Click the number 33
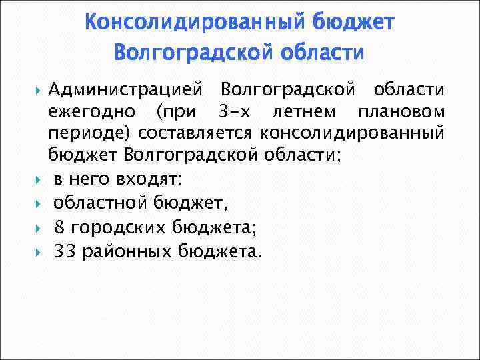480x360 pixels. [x=65, y=251]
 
